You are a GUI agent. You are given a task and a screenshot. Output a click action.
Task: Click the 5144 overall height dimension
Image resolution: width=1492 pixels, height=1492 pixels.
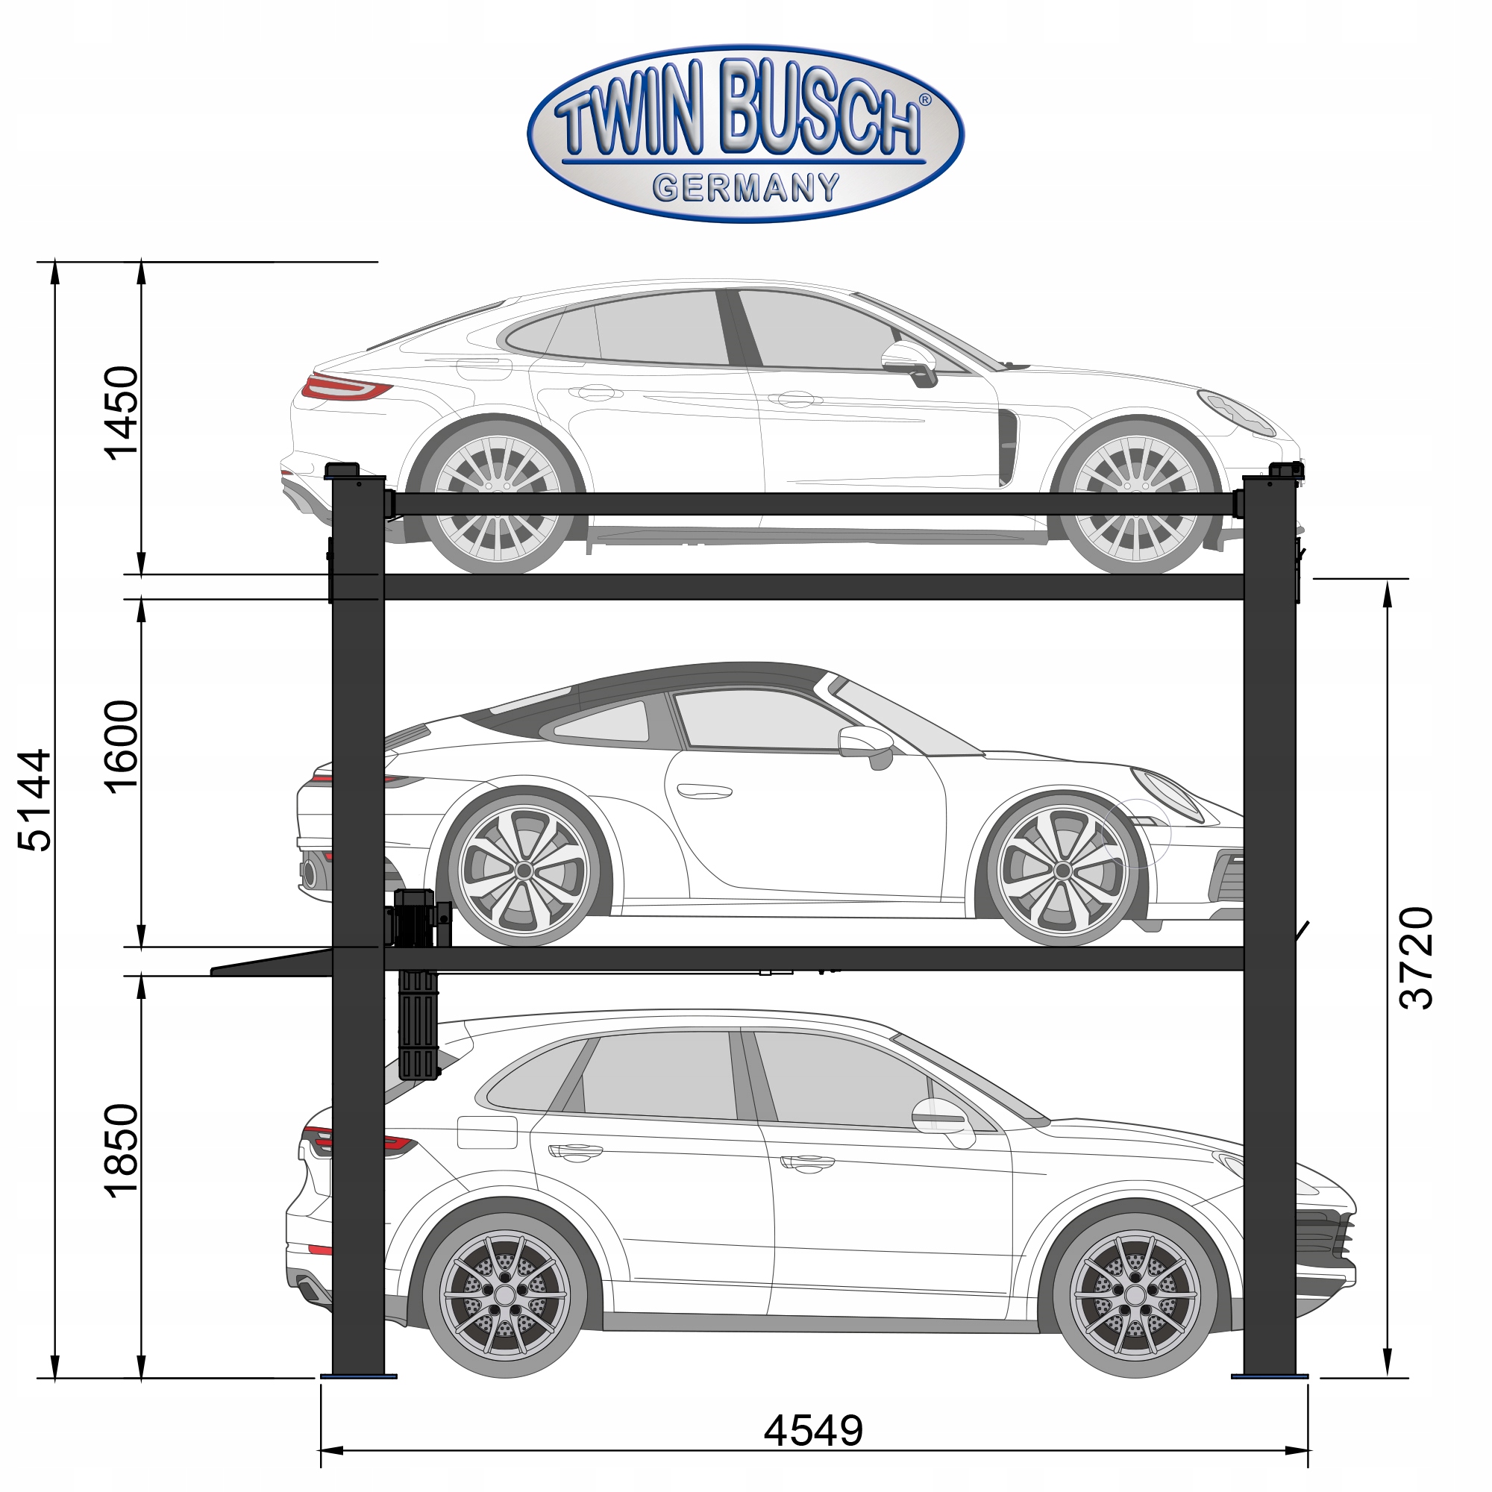tap(35, 800)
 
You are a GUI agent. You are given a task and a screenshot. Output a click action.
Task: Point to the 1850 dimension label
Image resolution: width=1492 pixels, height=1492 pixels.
tap(122, 1150)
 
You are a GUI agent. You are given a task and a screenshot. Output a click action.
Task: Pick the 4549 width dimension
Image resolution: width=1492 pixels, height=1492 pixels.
tap(813, 1431)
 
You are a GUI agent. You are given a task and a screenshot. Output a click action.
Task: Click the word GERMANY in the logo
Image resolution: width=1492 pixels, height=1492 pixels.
tap(746, 188)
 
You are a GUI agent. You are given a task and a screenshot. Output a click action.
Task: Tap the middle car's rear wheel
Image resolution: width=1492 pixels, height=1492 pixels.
tap(524, 871)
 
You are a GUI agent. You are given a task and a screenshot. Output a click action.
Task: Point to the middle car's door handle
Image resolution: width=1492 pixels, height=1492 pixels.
tap(703, 791)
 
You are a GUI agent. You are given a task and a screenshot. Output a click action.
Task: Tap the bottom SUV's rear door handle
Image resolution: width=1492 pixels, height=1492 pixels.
tap(575, 1151)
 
